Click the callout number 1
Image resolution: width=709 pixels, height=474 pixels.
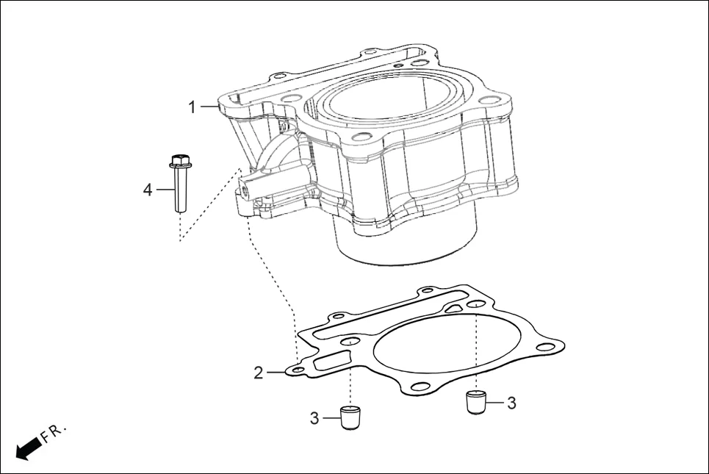coord(192,107)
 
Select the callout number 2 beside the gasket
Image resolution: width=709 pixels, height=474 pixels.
coord(258,373)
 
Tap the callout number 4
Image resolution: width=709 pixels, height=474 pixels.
coord(148,190)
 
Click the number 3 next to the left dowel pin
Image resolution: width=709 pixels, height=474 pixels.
coord(314,418)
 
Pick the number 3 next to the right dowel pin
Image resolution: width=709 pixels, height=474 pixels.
coord(511,403)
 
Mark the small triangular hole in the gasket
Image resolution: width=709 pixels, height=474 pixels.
coord(454,309)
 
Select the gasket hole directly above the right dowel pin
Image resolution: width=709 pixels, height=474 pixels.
coord(477,304)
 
